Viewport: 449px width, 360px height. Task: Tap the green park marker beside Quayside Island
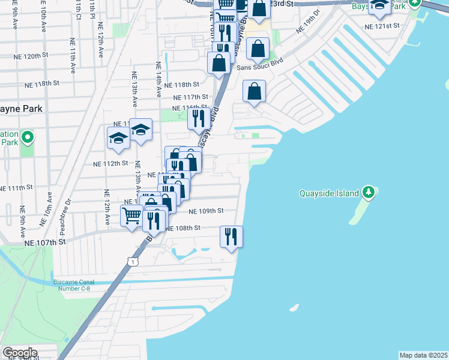coord(369,193)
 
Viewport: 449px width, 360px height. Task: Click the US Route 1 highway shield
coord(133,261)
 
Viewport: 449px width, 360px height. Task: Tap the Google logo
coord(19,353)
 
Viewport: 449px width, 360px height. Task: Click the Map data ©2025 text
coord(424,355)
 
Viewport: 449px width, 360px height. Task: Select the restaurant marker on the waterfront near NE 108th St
coord(231,236)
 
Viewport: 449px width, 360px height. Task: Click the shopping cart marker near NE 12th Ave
coord(131,215)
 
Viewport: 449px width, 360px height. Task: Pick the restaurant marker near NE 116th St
coord(199,118)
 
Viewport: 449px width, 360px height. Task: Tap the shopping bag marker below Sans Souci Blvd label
coord(254,92)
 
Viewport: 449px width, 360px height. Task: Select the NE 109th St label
coord(206,211)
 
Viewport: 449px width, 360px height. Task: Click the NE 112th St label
coord(110,163)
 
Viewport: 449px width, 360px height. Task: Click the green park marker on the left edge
coord(27,139)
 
